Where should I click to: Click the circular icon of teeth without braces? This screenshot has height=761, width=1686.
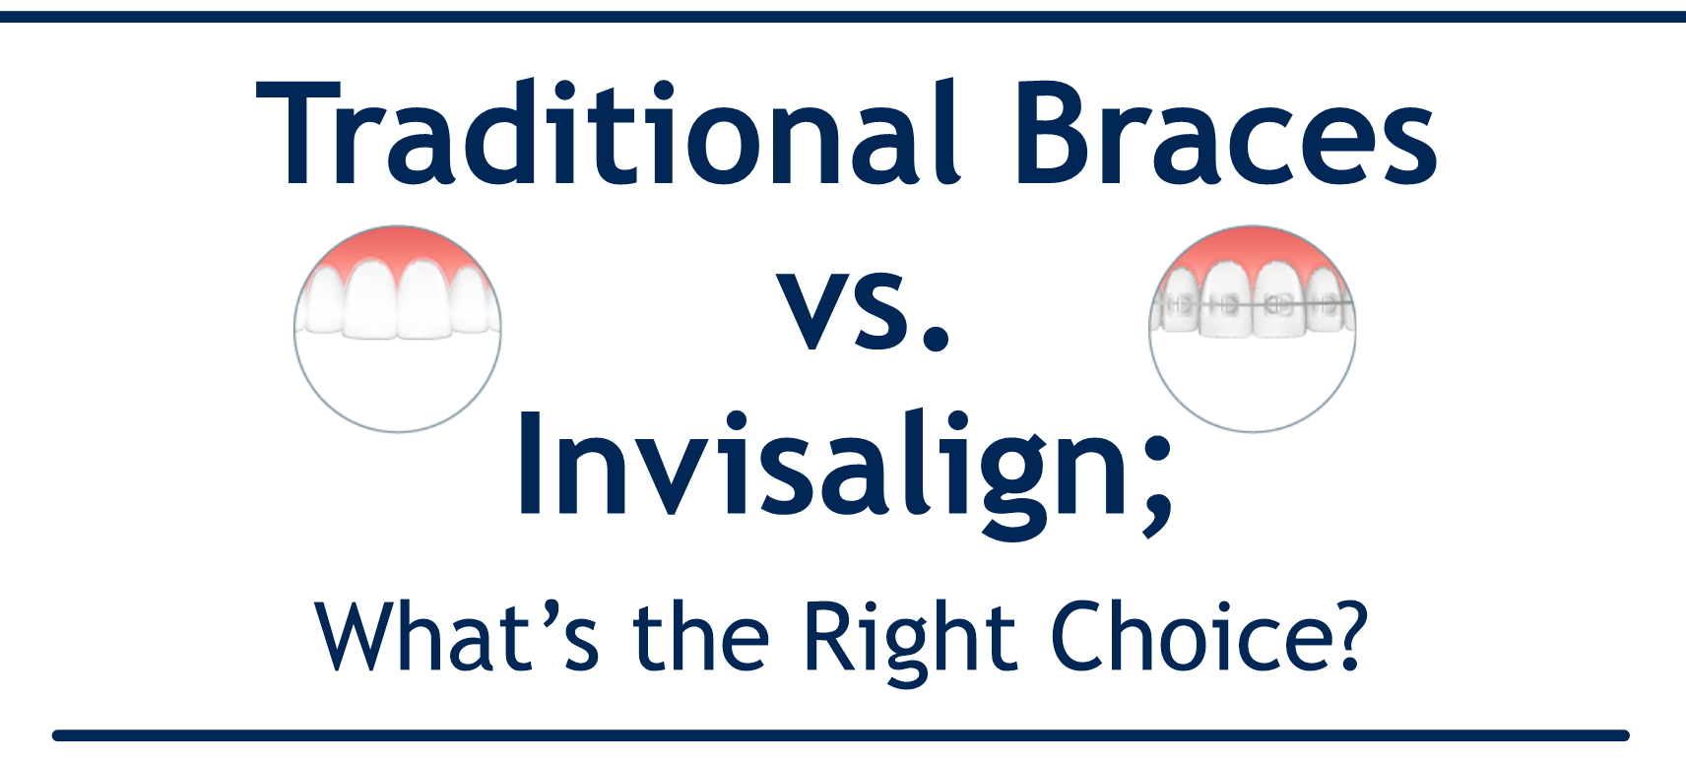pos(398,329)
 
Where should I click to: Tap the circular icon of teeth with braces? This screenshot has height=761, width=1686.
pos(1253,329)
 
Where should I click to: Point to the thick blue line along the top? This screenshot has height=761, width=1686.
pos(843,17)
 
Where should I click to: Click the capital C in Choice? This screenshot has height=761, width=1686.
pos(1079,637)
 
